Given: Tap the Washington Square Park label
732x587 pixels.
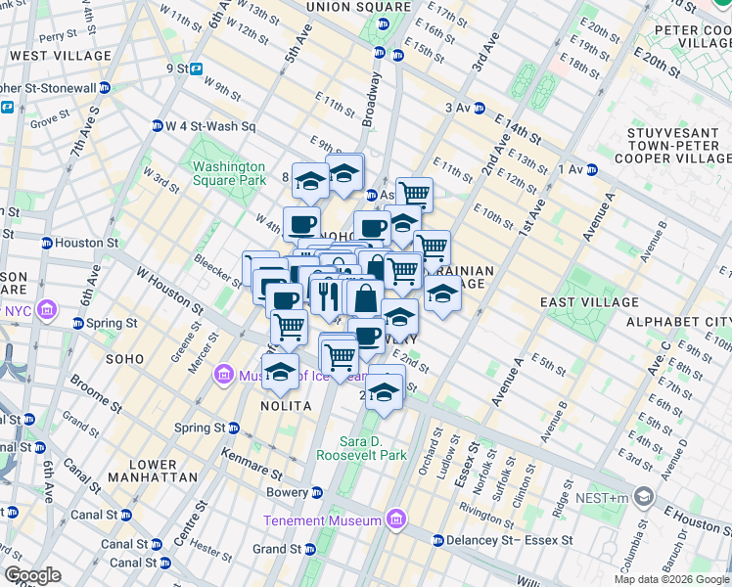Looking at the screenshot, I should [x=229, y=173].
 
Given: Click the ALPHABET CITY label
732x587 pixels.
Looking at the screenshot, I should [x=678, y=322].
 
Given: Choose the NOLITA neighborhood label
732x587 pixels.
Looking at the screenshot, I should [x=286, y=405].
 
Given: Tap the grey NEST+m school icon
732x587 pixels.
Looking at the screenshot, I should [x=643, y=498].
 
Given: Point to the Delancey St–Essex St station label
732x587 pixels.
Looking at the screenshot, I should [x=503, y=540].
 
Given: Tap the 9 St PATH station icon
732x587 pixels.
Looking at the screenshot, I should [x=197, y=68].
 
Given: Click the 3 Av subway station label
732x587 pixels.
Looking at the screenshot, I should [x=458, y=108].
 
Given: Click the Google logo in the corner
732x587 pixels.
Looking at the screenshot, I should [x=32, y=575].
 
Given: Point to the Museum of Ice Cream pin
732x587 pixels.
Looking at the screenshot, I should [x=225, y=374].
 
